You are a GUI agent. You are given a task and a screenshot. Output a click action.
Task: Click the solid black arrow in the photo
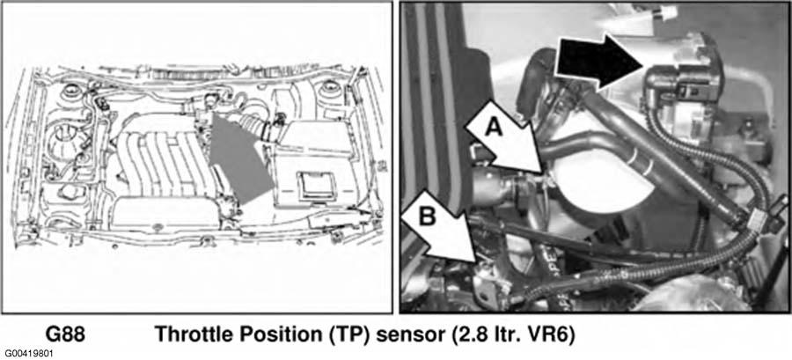(x=598, y=62)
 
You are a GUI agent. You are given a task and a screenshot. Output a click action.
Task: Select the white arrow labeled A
(x=505, y=138)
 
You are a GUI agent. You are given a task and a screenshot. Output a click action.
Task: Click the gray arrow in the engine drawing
(x=238, y=158)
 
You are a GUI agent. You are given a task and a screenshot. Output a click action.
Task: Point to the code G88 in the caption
(x=64, y=334)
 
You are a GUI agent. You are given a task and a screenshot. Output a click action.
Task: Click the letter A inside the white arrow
(x=495, y=129)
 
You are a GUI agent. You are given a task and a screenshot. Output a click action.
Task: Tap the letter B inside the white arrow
(x=428, y=217)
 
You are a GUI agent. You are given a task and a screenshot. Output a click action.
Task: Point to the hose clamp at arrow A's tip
(x=522, y=187)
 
